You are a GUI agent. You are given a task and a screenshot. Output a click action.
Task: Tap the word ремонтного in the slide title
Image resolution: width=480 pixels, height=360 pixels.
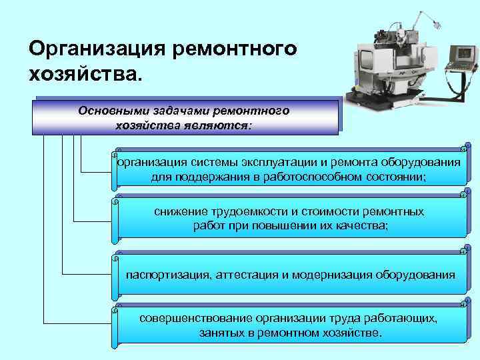pyautogui.click(x=235, y=49)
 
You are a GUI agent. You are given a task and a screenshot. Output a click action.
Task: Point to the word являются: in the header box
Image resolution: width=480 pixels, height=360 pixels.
pyautogui.click(x=224, y=125)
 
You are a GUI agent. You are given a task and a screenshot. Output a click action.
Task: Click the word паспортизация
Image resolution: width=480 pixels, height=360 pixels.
pyautogui.click(x=168, y=274)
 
